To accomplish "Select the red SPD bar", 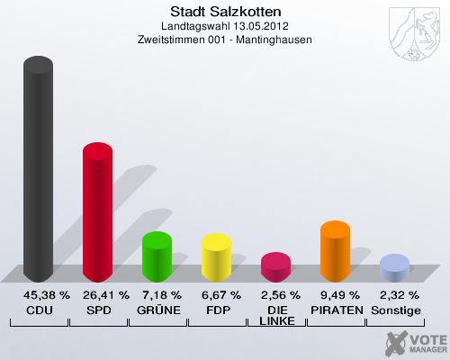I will pyautogui.click(x=97, y=212).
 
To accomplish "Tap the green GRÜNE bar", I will pyautogui.click(x=157, y=256).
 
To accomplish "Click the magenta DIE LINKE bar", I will pyautogui.click(x=275, y=266).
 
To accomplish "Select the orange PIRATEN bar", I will pyautogui.click(x=335, y=250).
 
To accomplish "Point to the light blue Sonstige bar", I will pyautogui.click(x=394, y=267).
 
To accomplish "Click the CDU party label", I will pyautogui.click(x=38, y=310).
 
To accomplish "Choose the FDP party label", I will pyautogui.click(x=216, y=310).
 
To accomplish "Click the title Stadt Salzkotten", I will pyautogui.click(x=225, y=12).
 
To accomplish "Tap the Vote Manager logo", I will pyautogui.click(x=415, y=342).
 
